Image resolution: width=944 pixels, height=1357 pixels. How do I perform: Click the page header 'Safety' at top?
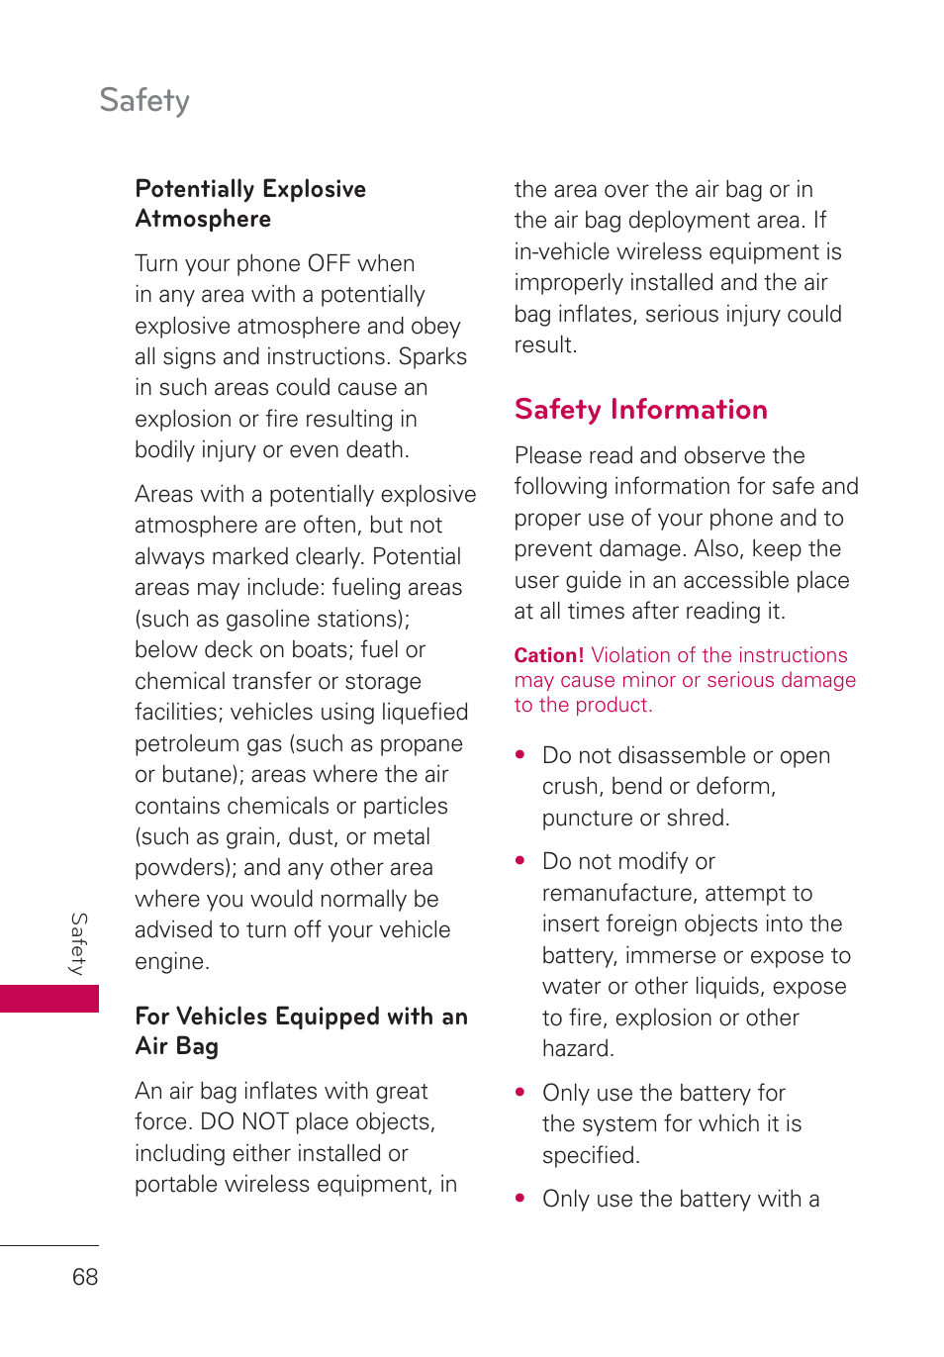144,100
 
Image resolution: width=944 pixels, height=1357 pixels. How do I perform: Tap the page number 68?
85,1277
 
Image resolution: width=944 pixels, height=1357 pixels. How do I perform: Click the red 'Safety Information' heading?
640,410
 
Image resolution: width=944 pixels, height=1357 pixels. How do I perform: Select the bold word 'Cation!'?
549,655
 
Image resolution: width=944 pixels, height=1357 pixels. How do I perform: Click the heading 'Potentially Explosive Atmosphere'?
250,204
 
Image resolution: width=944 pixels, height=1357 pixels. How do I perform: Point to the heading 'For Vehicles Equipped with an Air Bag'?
301,1031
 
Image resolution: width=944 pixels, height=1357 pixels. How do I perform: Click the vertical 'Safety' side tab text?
79,944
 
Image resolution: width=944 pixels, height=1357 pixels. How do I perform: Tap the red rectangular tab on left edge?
49,998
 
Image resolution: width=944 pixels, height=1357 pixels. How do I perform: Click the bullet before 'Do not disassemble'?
520,755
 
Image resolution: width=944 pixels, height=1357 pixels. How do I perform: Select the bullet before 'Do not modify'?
520,861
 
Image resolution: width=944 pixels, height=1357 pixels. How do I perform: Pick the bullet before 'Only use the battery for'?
520,1093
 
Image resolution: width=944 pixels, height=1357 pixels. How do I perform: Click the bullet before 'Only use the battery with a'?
520,1199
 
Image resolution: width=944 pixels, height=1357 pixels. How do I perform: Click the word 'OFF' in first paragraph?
329,264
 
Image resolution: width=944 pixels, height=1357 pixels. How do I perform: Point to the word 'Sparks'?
432,357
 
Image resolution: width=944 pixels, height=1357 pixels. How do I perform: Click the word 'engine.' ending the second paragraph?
172,962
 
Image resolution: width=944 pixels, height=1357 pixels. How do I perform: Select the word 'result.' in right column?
545,345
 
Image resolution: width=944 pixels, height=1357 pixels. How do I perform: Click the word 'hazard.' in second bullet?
578,1049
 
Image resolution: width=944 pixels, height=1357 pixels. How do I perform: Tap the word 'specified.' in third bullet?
591,1156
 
